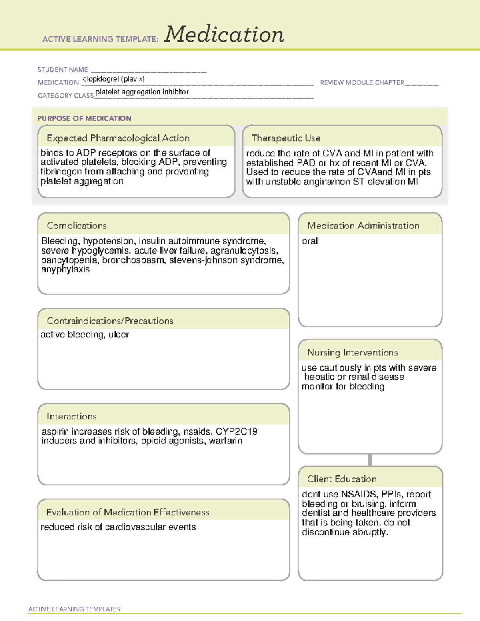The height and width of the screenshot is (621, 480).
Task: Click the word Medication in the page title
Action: pyautogui.click(x=224, y=34)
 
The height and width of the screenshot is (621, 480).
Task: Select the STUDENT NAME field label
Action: pyautogui.click(x=63, y=70)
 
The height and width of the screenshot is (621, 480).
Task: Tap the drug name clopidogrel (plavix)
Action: pyautogui.click(x=114, y=79)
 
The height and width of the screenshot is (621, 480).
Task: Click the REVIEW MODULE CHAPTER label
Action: pyautogui.click(x=362, y=82)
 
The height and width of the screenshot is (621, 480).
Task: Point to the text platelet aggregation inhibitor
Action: pyautogui.click(x=142, y=92)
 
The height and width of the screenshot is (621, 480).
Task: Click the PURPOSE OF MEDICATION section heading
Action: pyautogui.click(x=84, y=118)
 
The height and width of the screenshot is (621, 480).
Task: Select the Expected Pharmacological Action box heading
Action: pyautogui.click(x=118, y=138)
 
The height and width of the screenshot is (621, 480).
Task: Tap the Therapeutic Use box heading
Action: pyautogui.click(x=286, y=138)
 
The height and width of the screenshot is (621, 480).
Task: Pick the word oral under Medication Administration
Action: pyautogui.click(x=310, y=241)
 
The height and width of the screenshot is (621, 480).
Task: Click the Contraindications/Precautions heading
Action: pyautogui.click(x=110, y=321)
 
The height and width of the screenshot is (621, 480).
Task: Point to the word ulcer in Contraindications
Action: pyautogui.click(x=119, y=335)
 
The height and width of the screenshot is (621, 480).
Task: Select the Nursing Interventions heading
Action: pyautogui.click(x=352, y=352)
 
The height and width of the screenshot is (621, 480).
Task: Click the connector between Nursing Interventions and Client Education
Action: pyautogui.click(x=370, y=460)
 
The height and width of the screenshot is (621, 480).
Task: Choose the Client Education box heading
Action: pyautogui.click(x=342, y=479)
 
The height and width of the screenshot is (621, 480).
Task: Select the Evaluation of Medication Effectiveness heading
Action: pyautogui.click(x=128, y=512)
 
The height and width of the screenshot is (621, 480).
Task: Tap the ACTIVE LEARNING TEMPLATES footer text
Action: pyautogui.click(x=74, y=609)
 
